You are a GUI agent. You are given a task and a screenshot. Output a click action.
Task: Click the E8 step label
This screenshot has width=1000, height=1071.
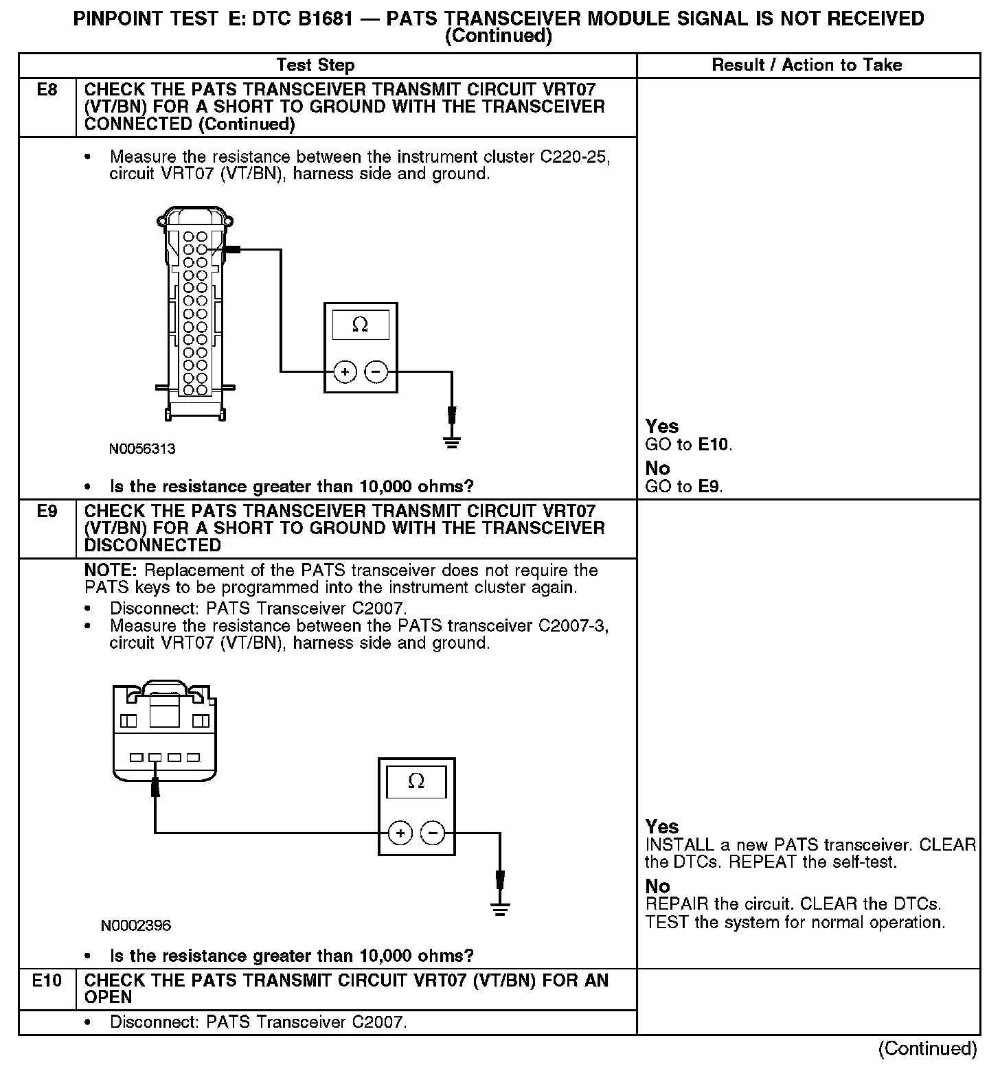(x=47, y=89)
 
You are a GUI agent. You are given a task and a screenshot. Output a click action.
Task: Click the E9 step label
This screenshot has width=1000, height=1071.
(x=47, y=511)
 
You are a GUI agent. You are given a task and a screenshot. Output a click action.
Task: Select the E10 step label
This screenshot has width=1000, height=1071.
(x=47, y=980)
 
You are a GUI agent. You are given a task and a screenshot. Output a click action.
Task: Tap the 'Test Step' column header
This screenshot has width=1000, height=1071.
(x=315, y=65)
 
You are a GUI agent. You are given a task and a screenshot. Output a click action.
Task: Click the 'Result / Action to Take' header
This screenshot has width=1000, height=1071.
(x=807, y=65)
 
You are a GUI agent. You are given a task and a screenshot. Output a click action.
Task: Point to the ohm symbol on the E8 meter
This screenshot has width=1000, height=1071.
(x=360, y=325)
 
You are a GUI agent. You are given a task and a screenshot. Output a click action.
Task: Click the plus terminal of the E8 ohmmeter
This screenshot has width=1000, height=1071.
(x=345, y=372)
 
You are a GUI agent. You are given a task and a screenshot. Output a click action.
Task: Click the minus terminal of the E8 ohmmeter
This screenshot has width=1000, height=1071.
(x=376, y=372)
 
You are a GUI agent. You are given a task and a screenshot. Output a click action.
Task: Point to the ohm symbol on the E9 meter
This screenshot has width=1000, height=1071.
(x=416, y=781)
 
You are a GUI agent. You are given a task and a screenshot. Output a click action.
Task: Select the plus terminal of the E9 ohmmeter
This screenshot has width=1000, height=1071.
(x=400, y=833)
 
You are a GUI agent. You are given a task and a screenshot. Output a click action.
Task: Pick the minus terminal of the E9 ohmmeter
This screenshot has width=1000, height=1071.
(x=433, y=833)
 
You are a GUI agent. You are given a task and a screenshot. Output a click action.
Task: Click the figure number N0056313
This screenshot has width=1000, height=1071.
(x=142, y=449)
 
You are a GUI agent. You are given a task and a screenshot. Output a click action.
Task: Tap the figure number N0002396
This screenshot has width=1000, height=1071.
(x=136, y=925)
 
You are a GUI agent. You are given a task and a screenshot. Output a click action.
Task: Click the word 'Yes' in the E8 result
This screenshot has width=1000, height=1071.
(x=662, y=426)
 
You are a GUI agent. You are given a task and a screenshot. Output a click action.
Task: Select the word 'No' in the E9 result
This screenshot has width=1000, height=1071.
(x=657, y=886)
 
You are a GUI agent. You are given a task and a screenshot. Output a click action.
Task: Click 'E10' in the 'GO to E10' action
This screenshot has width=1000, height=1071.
(x=714, y=445)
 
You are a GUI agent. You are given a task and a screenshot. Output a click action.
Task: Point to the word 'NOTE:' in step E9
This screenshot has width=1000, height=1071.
(x=111, y=571)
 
